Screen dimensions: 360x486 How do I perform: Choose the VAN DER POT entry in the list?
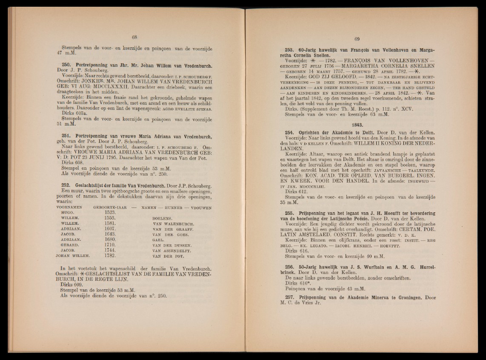(167, 257)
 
